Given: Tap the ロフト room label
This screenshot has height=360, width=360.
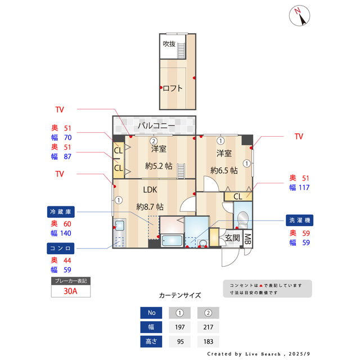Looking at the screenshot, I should [x=173, y=88].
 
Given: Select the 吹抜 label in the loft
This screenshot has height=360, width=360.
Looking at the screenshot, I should [x=169, y=44].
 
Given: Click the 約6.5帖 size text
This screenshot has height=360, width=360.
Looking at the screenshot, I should [x=224, y=169].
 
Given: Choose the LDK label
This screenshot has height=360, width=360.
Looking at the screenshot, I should [x=150, y=190].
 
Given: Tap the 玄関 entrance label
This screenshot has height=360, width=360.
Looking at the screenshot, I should [x=232, y=238].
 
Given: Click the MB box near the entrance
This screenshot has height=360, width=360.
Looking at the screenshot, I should [x=247, y=238].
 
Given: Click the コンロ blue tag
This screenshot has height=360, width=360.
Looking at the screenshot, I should [x=60, y=248].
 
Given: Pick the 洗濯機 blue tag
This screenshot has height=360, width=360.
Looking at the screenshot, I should [x=299, y=220].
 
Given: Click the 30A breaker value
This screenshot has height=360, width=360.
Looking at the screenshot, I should [x=70, y=291].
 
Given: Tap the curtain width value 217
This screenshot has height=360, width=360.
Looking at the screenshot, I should [x=208, y=327].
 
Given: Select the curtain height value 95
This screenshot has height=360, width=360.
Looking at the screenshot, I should [x=179, y=341].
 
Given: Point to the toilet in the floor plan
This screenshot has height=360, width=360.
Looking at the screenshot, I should [x=243, y=219].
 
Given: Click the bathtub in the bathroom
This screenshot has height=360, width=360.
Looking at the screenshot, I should [x=172, y=241].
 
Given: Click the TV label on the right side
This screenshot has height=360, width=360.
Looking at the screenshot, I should [x=299, y=136].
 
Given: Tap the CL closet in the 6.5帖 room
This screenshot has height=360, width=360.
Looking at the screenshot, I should [x=237, y=196].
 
